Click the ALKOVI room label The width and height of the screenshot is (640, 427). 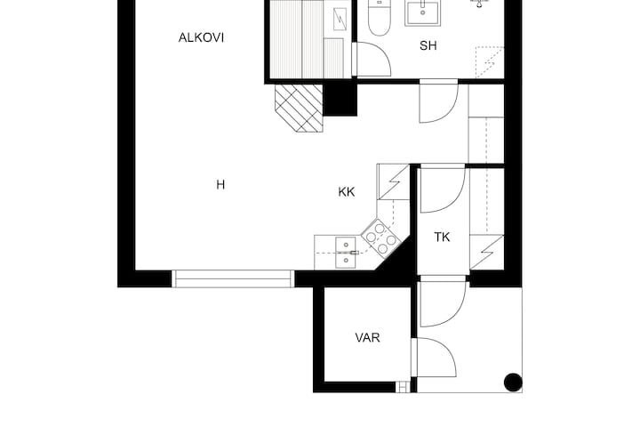[x=201, y=37]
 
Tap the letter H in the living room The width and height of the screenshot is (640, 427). [x=220, y=185]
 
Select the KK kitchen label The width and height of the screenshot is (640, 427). [x=347, y=192]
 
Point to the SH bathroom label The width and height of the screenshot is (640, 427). [x=428, y=45]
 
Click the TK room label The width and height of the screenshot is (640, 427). [x=442, y=237]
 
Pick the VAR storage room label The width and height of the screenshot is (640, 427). [x=367, y=337]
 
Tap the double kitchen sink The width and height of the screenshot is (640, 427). [x=346, y=253]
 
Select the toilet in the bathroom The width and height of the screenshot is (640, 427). [x=380, y=19]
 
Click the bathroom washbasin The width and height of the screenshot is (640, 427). [x=422, y=12]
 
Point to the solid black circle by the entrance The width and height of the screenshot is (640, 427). [x=513, y=383]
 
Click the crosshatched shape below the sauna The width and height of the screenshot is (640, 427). [x=299, y=109]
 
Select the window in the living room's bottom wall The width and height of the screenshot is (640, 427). [x=233, y=278]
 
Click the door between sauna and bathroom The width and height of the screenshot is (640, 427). [x=372, y=60]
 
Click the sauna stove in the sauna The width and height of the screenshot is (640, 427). [x=340, y=20]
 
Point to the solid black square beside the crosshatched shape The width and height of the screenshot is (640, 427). [x=340, y=100]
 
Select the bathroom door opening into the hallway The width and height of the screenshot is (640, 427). [x=439, y=101]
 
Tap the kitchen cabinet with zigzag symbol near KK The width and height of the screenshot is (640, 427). [x=393, y=181]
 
